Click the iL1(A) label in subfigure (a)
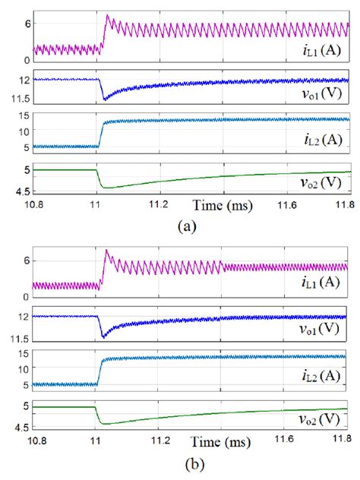pos(318,51)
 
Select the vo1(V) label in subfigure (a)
pos(320,97)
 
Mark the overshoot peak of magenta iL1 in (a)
pos(107,15)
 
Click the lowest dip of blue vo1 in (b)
pos(105,336)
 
